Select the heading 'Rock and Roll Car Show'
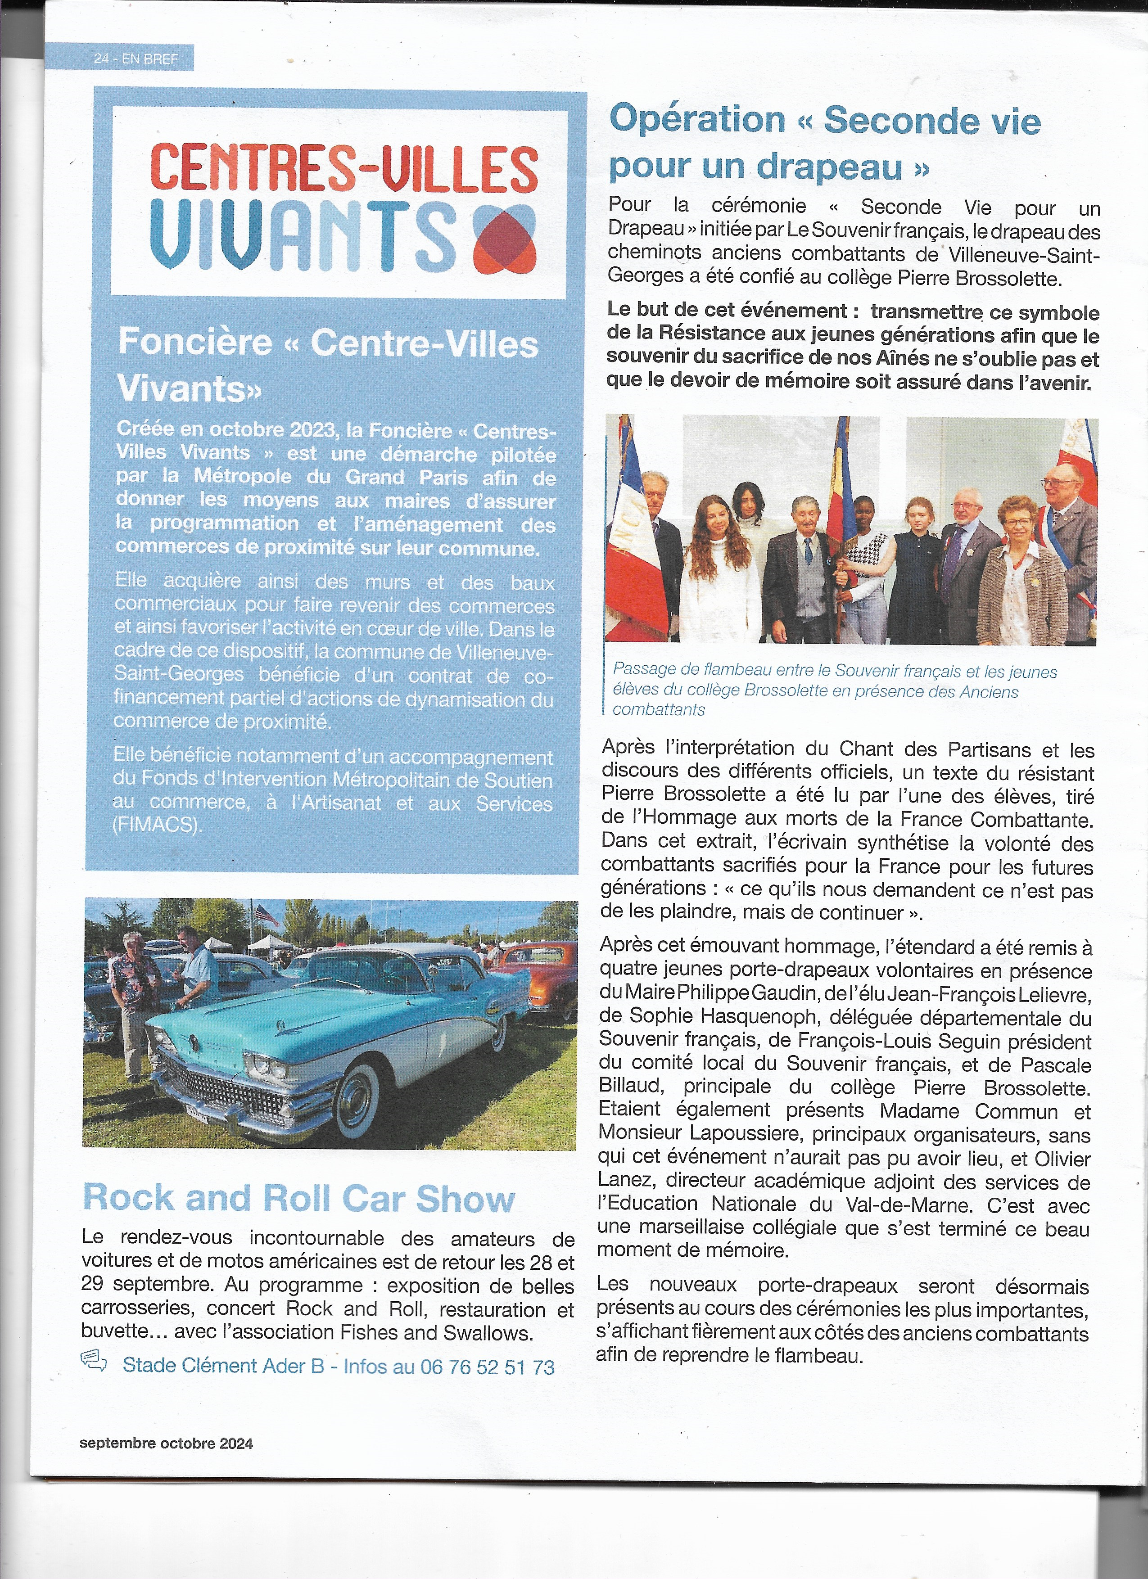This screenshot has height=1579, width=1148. click(x=298, y=1197)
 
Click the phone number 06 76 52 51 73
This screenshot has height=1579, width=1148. click(x=487, y=1367)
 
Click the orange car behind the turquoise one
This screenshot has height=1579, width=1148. click(x=548, y=974)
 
